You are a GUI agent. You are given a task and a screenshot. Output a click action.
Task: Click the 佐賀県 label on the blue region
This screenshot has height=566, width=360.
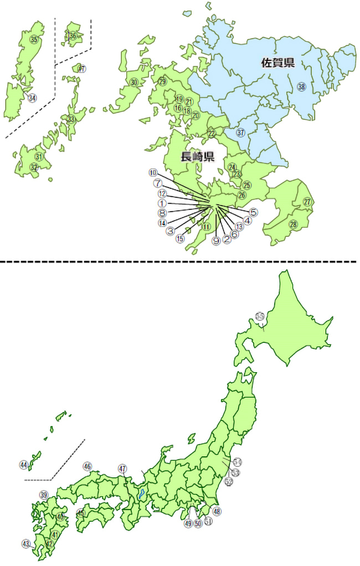click(277, 63)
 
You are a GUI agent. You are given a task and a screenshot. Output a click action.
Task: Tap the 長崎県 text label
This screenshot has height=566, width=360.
click(198, 157)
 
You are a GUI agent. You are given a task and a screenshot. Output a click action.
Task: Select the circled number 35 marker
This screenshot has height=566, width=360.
click(34, 39)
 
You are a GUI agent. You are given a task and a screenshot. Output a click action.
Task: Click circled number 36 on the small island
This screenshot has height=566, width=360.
click(73, 37)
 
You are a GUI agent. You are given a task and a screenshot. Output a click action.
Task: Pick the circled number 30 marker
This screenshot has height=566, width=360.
click(133, 83)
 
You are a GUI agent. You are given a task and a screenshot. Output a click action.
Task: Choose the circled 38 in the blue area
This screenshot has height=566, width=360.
click(301, 86)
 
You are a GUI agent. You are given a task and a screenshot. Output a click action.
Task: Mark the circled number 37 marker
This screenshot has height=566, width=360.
click(240, 133)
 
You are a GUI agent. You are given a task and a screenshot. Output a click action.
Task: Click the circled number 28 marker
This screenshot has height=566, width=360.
click(293, 224)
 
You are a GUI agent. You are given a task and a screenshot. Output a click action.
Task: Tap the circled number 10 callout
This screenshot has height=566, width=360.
click(153, 173)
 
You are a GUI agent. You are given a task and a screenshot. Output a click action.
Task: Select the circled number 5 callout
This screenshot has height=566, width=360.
click(253, 212)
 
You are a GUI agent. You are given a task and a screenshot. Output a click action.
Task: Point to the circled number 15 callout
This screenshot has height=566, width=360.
click(180, 239)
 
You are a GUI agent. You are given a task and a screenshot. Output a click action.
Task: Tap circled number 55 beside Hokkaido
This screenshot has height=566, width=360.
click(260, 316)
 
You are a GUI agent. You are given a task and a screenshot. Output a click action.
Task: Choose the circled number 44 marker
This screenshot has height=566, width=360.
click(24, 464)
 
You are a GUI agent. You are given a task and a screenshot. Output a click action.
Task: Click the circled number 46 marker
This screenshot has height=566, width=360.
click(87, 466)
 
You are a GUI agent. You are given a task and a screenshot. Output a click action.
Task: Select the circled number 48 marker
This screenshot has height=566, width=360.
click(217, 512)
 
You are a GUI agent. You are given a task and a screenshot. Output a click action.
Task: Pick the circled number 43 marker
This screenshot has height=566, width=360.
click(25, 544)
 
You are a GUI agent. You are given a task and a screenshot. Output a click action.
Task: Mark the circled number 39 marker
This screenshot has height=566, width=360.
click(44, 495)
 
